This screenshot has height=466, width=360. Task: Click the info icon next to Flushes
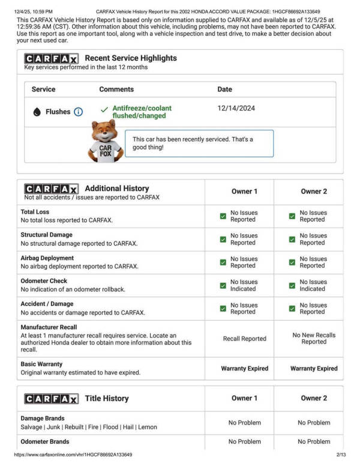coord(78,112)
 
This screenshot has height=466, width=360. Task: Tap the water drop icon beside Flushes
coord(37,112)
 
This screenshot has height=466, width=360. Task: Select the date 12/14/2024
coord(236,109)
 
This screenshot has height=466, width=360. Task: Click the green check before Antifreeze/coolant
coord(104,109)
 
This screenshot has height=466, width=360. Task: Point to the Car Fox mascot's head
coord(105,130)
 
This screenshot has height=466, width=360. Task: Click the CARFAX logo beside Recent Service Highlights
coord(51,59)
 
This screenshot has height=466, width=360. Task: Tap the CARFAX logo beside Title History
coord(51,399)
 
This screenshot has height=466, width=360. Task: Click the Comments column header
coord(116,89)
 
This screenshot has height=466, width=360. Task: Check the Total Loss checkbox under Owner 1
coord(223,216)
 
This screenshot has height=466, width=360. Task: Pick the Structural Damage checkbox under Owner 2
coord(292,239)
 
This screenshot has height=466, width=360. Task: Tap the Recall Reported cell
coord(244,339)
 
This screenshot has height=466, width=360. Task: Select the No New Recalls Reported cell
coord(314,338)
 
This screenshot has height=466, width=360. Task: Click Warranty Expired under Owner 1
coord(244,368)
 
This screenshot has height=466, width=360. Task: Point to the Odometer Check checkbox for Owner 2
coord(292,285)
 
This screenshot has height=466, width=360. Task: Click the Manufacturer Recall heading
coord(49,327)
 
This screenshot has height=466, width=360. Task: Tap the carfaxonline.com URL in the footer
coord(73,455)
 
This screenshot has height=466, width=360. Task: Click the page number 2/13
coord(341,455)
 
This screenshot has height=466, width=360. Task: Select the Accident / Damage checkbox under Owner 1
coord(223,308)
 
